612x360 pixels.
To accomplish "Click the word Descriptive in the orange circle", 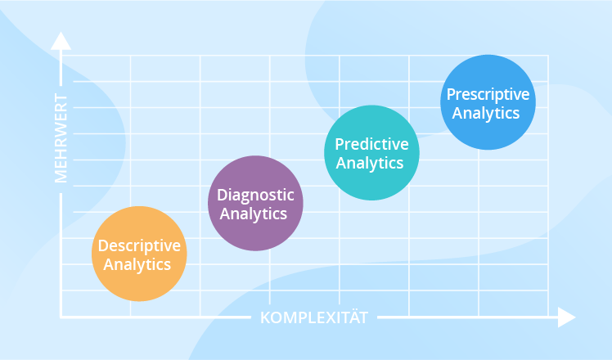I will point(139,245).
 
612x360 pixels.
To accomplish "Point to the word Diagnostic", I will point(256,196).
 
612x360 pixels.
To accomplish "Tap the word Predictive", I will point(372,145).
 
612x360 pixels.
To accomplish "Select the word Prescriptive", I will point(488,94).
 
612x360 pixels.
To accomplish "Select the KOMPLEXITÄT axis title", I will point(314,317).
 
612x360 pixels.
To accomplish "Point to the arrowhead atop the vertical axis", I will point(60,41).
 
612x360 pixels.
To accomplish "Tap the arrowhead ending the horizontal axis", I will point(566,317).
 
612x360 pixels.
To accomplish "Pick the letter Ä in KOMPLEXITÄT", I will point(349,317).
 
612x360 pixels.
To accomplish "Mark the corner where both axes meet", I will point(61,317).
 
